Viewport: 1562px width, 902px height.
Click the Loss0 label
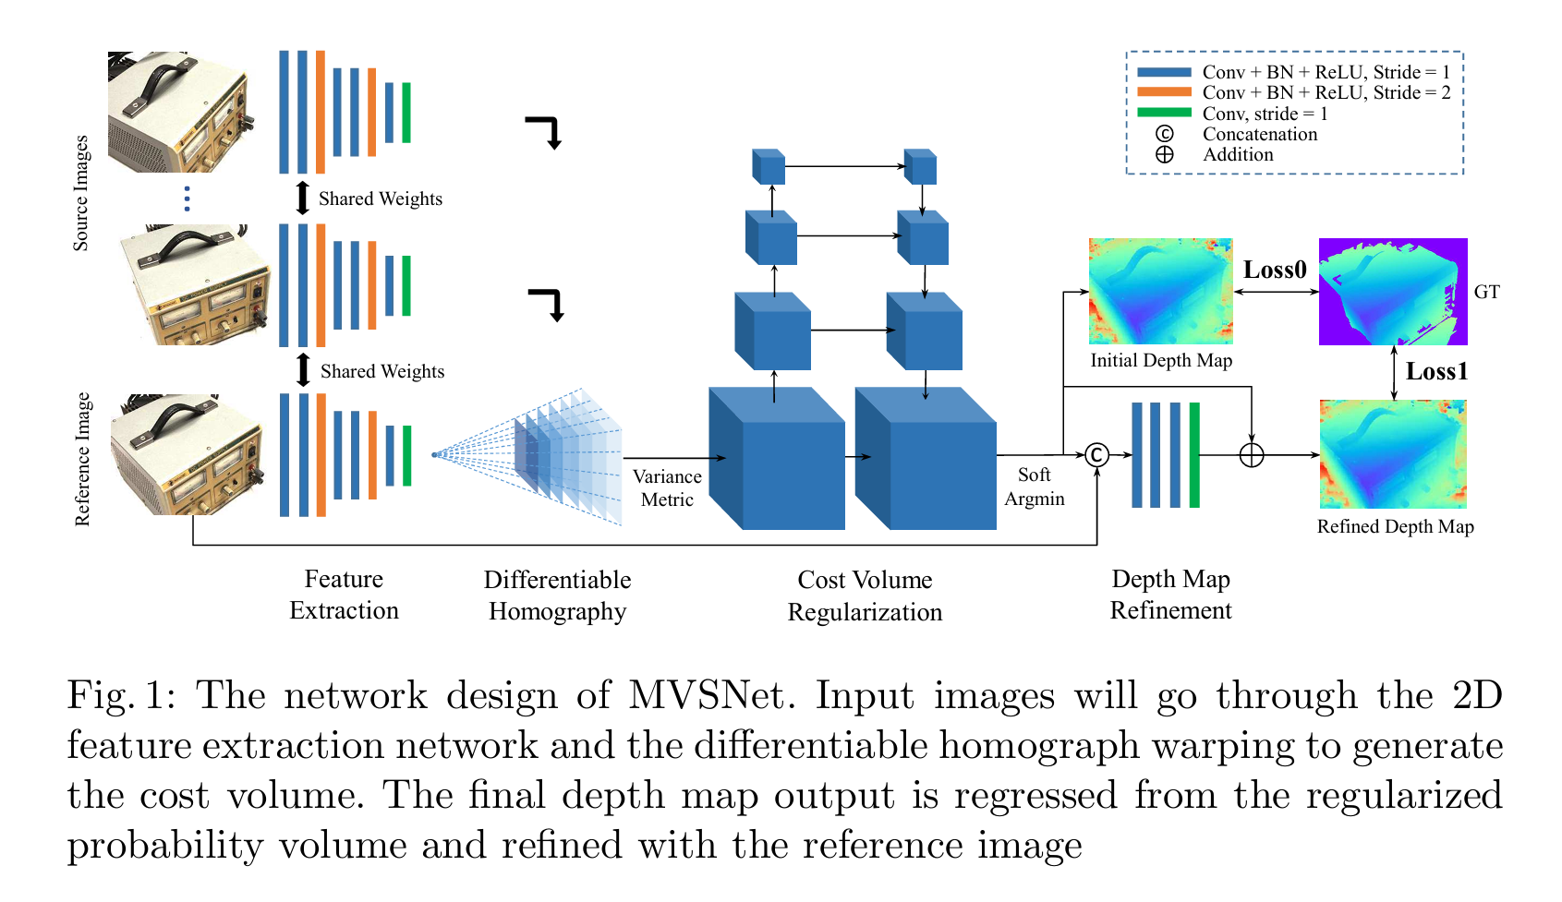click(1275, 270)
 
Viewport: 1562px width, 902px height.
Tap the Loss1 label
click(1436, 371)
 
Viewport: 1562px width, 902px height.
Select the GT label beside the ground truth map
click(1486, 292)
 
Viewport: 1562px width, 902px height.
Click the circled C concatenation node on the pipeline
click(1096, 454)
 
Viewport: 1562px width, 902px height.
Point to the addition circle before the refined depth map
click(1251, 454)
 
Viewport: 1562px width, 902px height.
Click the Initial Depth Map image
click(1160, 291)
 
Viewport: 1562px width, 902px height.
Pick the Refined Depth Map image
click(1393, 453)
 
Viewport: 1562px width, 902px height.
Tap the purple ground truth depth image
click(1393, 291)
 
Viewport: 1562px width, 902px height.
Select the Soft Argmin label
click(1034, 487)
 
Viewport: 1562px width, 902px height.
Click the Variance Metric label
click(667, 487)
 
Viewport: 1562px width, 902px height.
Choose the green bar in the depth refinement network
click(1194, 454)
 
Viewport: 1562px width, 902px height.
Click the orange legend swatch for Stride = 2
click(1164, 92)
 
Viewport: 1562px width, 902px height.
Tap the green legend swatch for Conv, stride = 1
click(1164, 113)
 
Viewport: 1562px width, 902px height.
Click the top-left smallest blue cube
click(769, 167)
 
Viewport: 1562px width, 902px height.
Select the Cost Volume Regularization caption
click(865, 595)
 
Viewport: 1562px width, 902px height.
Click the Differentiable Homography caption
click(557, 595)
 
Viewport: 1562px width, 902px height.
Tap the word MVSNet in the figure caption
click(710, 695)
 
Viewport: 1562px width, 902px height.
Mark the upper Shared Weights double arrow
click(302, 198)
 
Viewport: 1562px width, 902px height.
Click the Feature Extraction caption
click(344, 595)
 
